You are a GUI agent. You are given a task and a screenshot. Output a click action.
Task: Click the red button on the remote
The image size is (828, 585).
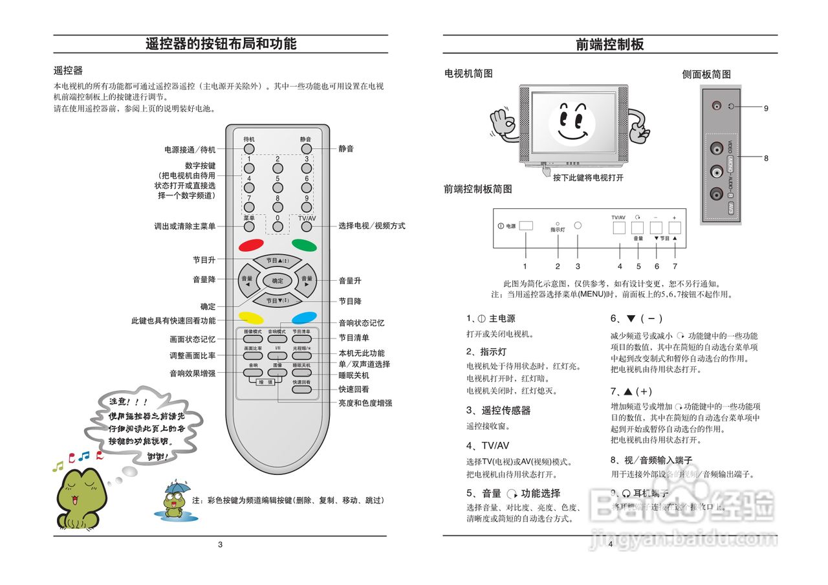[x=250, y=245]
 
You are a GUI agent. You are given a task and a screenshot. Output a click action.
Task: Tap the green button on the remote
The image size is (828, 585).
[x=304, y=245]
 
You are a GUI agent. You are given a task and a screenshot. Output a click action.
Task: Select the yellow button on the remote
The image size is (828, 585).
[x=250, y=318]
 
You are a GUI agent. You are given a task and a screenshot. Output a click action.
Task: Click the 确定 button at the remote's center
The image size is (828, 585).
[x=278, y=281]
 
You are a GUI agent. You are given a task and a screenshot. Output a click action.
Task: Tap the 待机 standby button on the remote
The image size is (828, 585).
[x=249, y=149]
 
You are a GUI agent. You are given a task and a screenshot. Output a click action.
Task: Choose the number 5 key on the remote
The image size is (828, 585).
[x=278, y=188]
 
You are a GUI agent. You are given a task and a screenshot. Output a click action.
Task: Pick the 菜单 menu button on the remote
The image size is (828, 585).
[x=249, y=228]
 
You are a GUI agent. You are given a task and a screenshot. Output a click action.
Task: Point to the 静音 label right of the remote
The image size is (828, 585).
[x=346, y=149]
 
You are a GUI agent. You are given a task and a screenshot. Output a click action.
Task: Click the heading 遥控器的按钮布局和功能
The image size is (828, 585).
[x=221, y=44]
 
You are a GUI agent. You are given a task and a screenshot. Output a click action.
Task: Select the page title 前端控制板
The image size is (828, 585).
[x=610, y=44]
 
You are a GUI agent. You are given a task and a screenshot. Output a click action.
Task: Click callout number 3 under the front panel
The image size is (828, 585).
[x=578, y=266]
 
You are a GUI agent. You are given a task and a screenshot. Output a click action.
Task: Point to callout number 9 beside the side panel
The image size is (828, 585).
[x=766, y=108]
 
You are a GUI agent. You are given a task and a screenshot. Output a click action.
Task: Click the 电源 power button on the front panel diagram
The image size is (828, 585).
[x=526, y=226]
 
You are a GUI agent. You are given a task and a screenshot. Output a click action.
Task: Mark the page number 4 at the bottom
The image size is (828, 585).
[x=610, y=544]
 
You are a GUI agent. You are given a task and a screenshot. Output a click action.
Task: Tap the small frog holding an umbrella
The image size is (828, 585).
[x=173, y=500]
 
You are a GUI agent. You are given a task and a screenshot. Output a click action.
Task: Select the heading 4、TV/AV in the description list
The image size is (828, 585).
[x=488, y=445]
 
